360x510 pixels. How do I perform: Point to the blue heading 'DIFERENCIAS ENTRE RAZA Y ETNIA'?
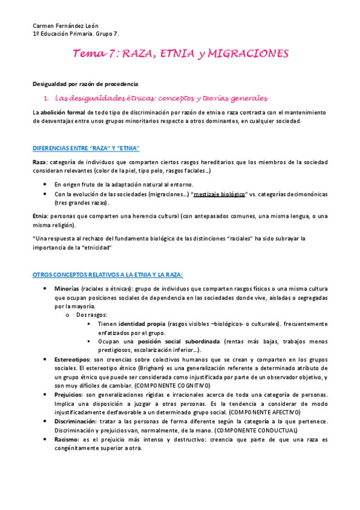[86, 148]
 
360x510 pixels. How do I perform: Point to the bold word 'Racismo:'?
[68, 440]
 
